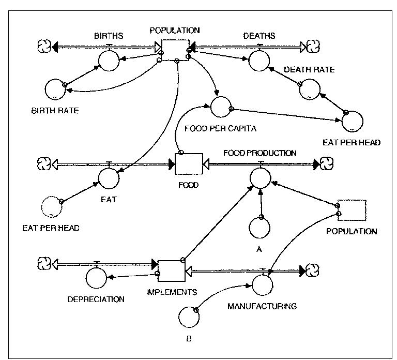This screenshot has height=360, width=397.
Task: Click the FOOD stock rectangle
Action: click(188, 164)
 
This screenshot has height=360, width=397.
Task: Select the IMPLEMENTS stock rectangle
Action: click(171, 271)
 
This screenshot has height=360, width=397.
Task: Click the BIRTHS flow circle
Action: click(109, 61)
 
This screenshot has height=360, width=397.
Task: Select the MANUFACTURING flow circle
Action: click(263, 284)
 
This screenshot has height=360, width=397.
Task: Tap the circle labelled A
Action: click(260, 227)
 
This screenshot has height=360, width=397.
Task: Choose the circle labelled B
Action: click(188, 316)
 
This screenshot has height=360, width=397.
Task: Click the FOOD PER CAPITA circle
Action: click(221, 107)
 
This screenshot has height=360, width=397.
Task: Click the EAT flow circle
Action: click(109, 178)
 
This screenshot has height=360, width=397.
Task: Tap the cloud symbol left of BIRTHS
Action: click(44, 47)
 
